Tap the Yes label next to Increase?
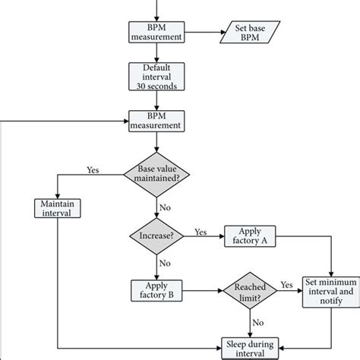click(201, 230)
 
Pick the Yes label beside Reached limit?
click(287, 283)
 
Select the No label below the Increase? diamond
click(164, 263)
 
